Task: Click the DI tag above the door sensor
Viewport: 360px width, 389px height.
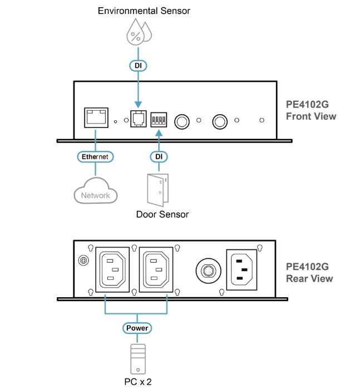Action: pos(159,157)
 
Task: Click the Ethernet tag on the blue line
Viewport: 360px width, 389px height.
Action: pos(95,157)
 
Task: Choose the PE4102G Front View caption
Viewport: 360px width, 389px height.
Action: pos(311,111)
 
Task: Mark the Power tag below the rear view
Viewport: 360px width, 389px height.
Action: pos(136,328)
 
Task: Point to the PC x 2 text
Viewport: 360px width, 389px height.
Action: pos(136,382)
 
